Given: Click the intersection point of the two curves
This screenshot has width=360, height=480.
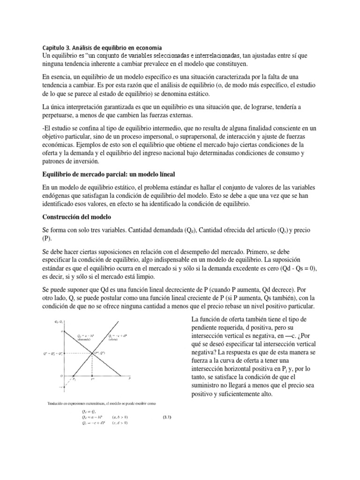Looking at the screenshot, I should pyautogui.click(x=92, y=353).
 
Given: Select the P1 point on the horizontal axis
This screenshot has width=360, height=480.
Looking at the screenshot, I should pyautogui.click(x=74, y=379).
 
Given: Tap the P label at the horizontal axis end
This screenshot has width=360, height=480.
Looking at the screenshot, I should pyautogui.click(x=129, y=378).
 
